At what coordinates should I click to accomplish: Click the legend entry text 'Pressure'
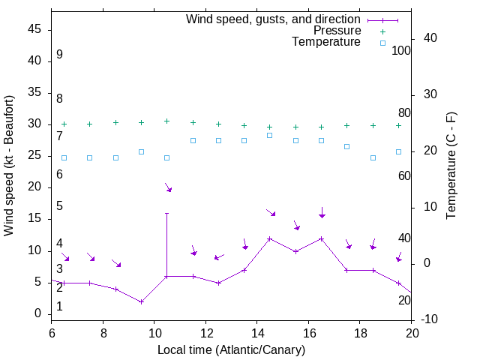pyautogui.click(x=337, y=31)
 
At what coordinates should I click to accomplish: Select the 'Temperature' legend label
pyautogui.click(x=326, y=42)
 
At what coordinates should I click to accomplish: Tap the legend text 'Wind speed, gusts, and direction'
pyautogui.click(x=274, y=19)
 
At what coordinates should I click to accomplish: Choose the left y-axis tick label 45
pyautogui.click(x=34, y=29)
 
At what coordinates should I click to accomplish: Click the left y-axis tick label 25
pyautogui.click(x=34, y=155)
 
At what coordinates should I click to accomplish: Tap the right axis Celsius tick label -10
pyautogui.click(x=431, y=319)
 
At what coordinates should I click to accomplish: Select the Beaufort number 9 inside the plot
pyautogui.click(x=59, y=55)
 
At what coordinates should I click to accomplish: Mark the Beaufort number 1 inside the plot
pyautogui.click(x=59, y=306)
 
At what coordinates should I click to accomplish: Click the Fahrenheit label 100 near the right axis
pyautogui.click(x=402, y=50)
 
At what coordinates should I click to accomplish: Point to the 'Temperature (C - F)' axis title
pyautogui.click(x=451, y=166)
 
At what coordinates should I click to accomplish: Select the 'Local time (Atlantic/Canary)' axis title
pyautogui.click(x=231, y=349)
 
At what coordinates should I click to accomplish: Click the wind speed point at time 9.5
pyautogui.click(x=141, y=301)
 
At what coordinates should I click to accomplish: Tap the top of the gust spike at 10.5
pyautogui.click(x=166, y=213)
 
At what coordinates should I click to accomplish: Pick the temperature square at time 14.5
pyautogui.click(x=269, y=135)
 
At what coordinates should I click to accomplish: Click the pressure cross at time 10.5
pyautogui.click(x=166, y=121)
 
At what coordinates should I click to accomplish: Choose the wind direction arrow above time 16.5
pyautogui.click(x=322, y=213)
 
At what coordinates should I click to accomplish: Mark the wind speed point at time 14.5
pyautogui.click(x=269, y=238)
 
